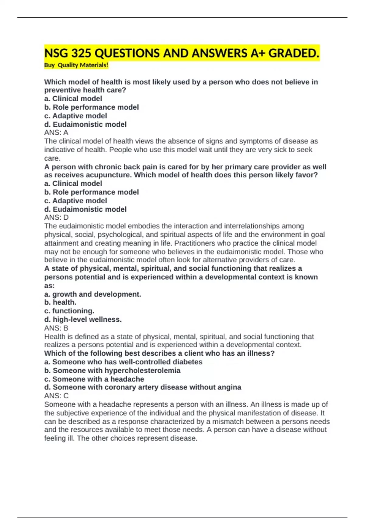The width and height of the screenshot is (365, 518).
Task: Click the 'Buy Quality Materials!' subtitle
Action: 76,65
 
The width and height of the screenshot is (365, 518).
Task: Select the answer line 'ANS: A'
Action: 56,133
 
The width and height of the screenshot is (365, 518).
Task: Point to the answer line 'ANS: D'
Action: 56,218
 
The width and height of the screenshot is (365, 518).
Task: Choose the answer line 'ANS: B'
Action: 56,328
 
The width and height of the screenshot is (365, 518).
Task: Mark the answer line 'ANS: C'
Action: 56,396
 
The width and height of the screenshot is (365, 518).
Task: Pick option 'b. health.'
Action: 60,302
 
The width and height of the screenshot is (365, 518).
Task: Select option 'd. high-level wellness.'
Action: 83,319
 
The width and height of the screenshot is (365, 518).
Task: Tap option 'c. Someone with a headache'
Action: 94,379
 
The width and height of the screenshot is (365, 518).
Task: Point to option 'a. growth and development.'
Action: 92,294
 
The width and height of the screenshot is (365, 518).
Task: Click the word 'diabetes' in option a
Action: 187,362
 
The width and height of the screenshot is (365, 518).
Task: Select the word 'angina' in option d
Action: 230,387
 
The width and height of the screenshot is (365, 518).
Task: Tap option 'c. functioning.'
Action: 69,311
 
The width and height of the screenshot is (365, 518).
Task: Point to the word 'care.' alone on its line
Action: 52,158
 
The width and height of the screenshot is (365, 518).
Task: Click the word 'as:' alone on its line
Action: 49,286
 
